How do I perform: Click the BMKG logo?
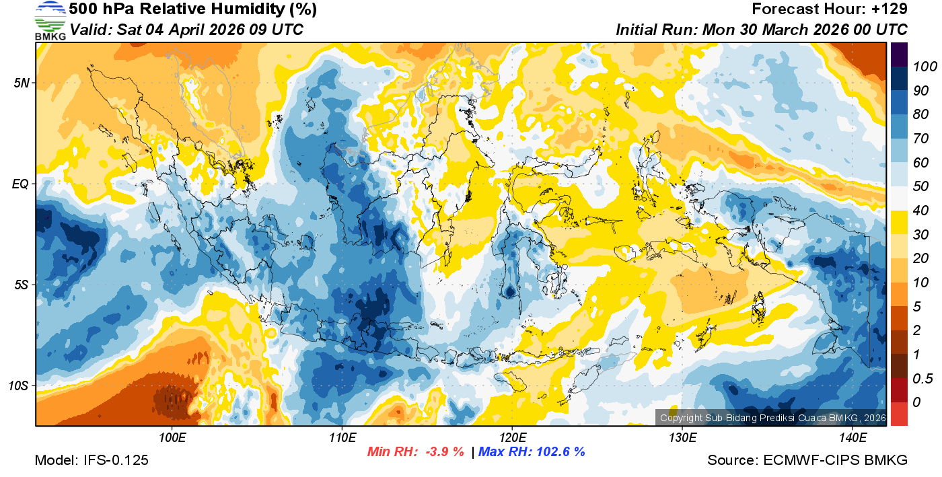[x=50, y=20]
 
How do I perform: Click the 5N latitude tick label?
[x=21, y=83]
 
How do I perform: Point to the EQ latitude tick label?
[x=21, y=184]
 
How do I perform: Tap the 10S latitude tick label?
[x=18, y=386]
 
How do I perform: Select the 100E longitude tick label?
[x=172, y=438]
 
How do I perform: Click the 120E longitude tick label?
[x=512, y=438]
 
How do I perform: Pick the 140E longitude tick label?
[x=853, y=438]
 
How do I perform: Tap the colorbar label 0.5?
[x=920, y=379]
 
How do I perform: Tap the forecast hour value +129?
[x=890, y=9]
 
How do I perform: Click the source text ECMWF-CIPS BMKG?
[x=835, y=460]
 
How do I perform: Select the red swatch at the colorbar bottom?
[x=899, y=413]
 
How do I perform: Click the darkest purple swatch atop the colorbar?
[x=899, y=54]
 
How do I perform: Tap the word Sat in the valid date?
[x=129, y=30]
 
